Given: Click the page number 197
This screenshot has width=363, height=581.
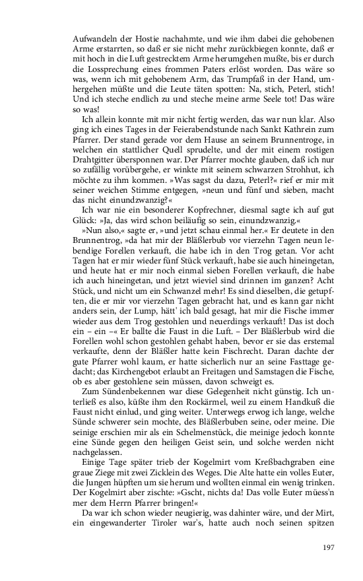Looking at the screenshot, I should [330, 547].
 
